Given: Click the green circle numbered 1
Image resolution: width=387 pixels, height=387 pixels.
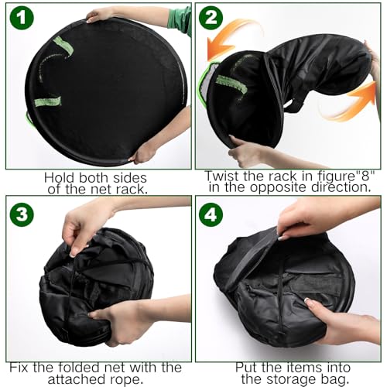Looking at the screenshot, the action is (x=22, y=18).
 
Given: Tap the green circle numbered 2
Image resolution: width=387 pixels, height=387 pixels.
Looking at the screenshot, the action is (x=211, y=18).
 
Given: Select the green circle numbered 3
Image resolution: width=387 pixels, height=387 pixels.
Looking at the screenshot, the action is (x=22, y=214).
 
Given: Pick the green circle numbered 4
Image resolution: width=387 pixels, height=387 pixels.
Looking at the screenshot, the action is (x=211, y=214).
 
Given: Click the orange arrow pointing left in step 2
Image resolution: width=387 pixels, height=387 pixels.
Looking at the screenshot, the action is (x=232, y=39).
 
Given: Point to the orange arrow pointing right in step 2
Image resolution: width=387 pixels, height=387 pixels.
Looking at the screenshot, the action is (x=354, y=103).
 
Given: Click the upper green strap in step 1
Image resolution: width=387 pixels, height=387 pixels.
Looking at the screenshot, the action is (x=63, y=45).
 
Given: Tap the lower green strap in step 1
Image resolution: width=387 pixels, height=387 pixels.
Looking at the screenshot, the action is (x=48, y=101).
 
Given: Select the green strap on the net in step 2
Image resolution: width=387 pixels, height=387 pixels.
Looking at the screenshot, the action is (x=231, y=84).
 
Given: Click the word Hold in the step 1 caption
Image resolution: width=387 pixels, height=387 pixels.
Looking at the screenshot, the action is (x=60, y=178).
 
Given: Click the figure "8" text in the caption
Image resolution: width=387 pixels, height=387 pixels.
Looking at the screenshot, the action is (x=346, y=176).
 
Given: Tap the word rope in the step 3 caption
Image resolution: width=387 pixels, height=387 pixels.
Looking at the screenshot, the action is (x=123, y=379).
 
